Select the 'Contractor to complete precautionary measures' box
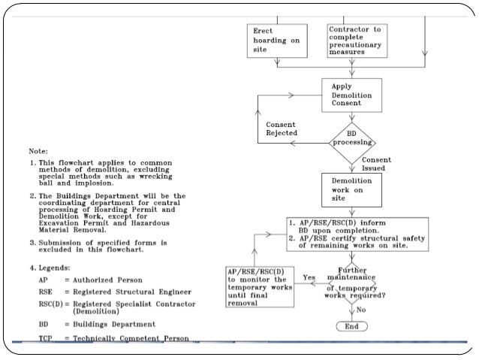(x=355, y=41)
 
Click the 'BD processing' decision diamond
(x=353, y=141)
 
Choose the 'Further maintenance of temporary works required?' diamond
(x=357, y=284)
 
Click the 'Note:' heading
(x=39, y=150)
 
